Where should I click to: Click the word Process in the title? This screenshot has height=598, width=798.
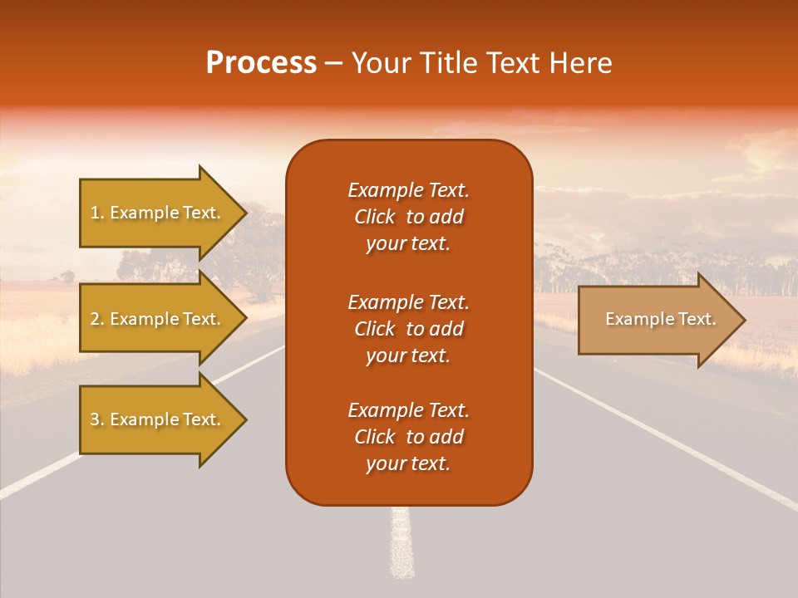[261, 62]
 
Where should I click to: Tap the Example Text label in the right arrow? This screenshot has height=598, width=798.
[660, 319]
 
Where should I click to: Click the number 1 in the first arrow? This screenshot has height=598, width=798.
[95, 213]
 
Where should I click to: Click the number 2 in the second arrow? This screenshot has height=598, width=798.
[95, 319]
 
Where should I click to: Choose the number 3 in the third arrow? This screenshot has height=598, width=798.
[95, 419]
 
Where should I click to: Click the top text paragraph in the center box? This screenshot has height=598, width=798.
[408, 217]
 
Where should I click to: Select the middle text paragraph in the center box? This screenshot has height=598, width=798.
[408, 329]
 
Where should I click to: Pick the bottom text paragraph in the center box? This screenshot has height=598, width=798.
[408, 437]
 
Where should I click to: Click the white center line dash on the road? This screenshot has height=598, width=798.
[401, 544]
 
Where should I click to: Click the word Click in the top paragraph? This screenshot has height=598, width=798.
[374, 217]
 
